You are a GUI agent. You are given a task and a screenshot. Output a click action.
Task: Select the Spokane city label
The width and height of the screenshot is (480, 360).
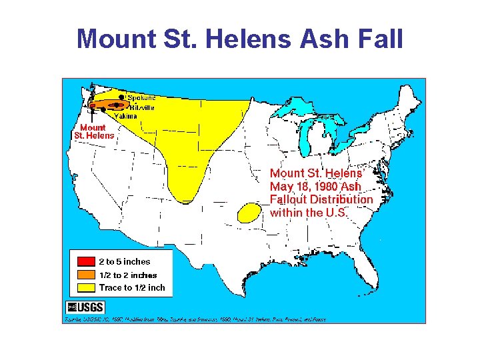141,97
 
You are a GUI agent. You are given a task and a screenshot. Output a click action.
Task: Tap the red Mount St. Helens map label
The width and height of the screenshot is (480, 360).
93,131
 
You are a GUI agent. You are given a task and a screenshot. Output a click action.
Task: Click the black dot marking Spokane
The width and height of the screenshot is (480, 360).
121,97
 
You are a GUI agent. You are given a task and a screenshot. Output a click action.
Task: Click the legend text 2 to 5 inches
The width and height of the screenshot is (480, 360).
125,262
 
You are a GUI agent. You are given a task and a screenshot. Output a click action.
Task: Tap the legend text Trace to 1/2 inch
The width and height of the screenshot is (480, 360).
132,287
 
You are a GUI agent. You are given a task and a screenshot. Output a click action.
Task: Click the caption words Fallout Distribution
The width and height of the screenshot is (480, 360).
321,199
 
